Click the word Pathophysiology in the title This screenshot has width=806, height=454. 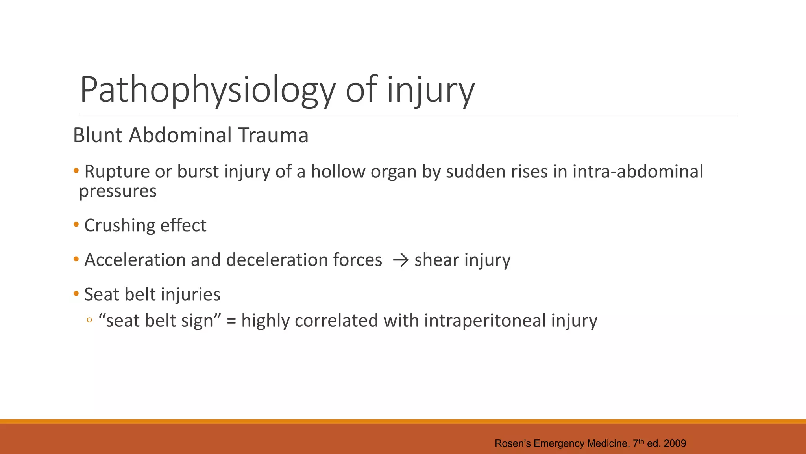(x=207, y=91)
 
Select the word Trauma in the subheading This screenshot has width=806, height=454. (x=273, y=135)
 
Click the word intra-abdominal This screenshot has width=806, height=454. (x=638, y=172)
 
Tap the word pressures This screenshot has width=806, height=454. (x=118, y=191)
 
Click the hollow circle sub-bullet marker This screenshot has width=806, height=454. (x=89, y=320)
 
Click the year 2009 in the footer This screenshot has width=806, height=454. (x=675, y=443)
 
